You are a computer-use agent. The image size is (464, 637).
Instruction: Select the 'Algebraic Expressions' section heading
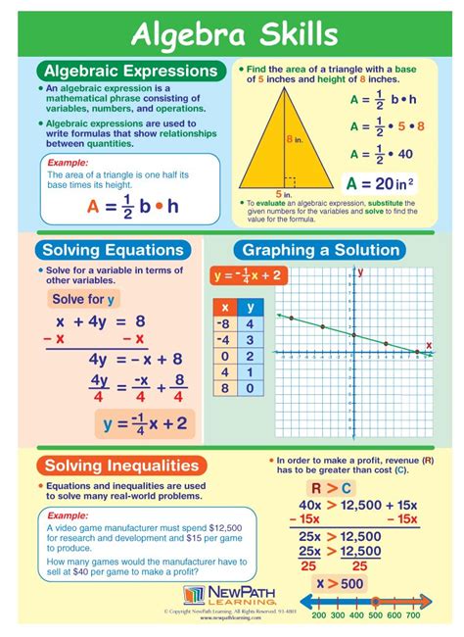point(129,71)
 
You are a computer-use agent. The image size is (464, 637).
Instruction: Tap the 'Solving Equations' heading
point(113,250)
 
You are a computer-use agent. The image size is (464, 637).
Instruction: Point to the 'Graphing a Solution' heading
point(322,250)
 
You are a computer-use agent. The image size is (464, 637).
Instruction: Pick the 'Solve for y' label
point(83,299)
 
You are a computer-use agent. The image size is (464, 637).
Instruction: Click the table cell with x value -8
point(224,324)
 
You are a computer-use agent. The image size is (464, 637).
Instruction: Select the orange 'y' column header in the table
point(250,307)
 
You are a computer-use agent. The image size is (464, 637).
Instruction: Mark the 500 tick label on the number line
point(375,614)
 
